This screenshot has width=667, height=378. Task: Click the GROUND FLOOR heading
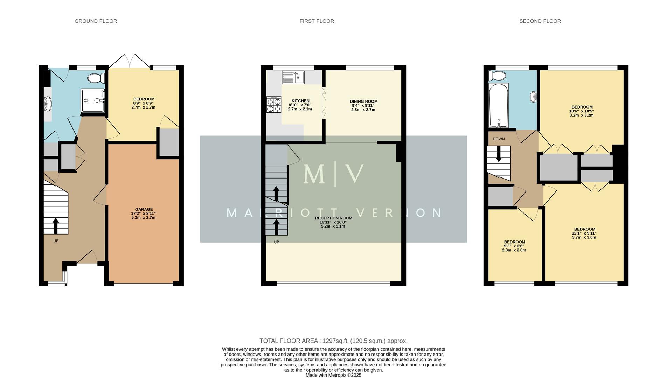pyautogui.click(x=96, y=21)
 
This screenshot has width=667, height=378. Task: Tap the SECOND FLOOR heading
pyautogui.click(x=540, y=21)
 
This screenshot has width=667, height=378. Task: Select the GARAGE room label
pyautogui.click(x=144, y=209)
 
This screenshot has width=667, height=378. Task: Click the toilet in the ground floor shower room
pyautogui.click(x=96, y=78)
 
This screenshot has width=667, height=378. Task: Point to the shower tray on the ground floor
pyautogui.click(x=92, y=100)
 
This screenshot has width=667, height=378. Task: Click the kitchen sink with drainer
pyautogui.click(x=293, y=77)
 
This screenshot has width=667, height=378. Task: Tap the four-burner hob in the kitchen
pyautogui.click(x=273, y=105)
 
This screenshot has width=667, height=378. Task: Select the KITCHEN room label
pyautogui.click(x=300, y=101)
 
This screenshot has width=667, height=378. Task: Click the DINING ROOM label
pyautogui.click(x=363, y=101)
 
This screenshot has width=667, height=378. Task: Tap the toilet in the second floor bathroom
pyautogui.click(x=497, y=76)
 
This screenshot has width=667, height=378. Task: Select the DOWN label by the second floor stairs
pyautogui.click(x=499, y=139)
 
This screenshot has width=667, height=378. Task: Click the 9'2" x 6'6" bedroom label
pyautogui.click(x=514, y=246)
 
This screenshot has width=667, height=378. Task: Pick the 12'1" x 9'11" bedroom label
pyautogui.click(x=584, y=233)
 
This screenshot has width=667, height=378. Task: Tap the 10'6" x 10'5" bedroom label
pyautogui.click(x=582, y=111)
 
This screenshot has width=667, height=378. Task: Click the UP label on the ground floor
pyautogui.click(x=56, y=241)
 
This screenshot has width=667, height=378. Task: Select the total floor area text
pyautogui.click(x=333, y=341)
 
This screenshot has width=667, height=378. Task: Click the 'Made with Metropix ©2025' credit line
pyautogui.click(x=333, y=375)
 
